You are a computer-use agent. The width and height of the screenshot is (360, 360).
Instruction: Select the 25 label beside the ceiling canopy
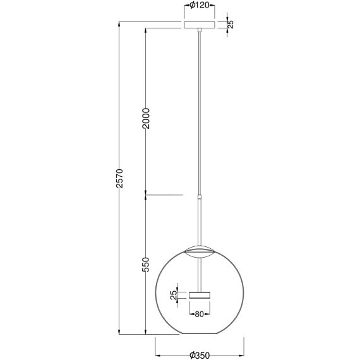click(x=231, y=25)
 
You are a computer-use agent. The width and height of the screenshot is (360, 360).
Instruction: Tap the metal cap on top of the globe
click(x=200, y=251)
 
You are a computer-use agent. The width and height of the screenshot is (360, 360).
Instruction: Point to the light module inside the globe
click(x=200, y=294)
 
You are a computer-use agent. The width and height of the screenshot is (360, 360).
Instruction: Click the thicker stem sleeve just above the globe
click(x=200, y=221)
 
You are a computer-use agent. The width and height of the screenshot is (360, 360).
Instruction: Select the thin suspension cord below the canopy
click(x=200, y=114)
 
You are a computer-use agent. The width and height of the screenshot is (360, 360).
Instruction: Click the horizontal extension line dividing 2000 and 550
click(x=164, y=195)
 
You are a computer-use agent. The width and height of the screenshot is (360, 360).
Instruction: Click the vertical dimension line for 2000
click(x=146, y=69)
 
